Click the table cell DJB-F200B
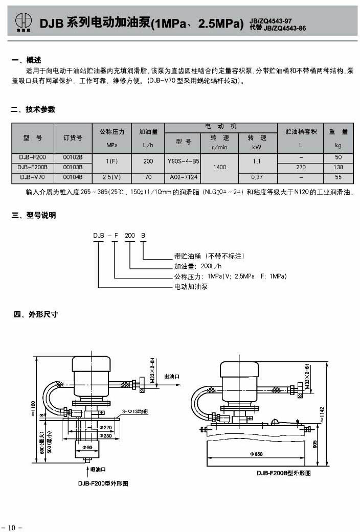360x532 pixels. pyautogui.click(x=32, y=167)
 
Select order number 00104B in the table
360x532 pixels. pyautogui.click(x=73, y=177)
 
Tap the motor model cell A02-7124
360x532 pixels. pyautogui.click(x=183, y=177)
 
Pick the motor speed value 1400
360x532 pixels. pyautogui.click(x=219, y=167)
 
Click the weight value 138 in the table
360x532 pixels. pyautogui.click(x=338, y=167)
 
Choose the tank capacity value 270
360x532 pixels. pyautogui.click(x=301, y=167)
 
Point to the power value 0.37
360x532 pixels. pyautogui.click(x=257, y=177)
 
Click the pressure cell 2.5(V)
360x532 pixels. pyautogui.click(x=111, y=177)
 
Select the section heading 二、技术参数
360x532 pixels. pyautogui.click(x=33, y=109)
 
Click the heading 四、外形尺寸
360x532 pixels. pyautogui.click(x=36, y=314)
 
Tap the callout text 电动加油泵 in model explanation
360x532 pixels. pyautogui.click(x=191, y=287)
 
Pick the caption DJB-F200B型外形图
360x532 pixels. pyautogui.click(x=284, y=473)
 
